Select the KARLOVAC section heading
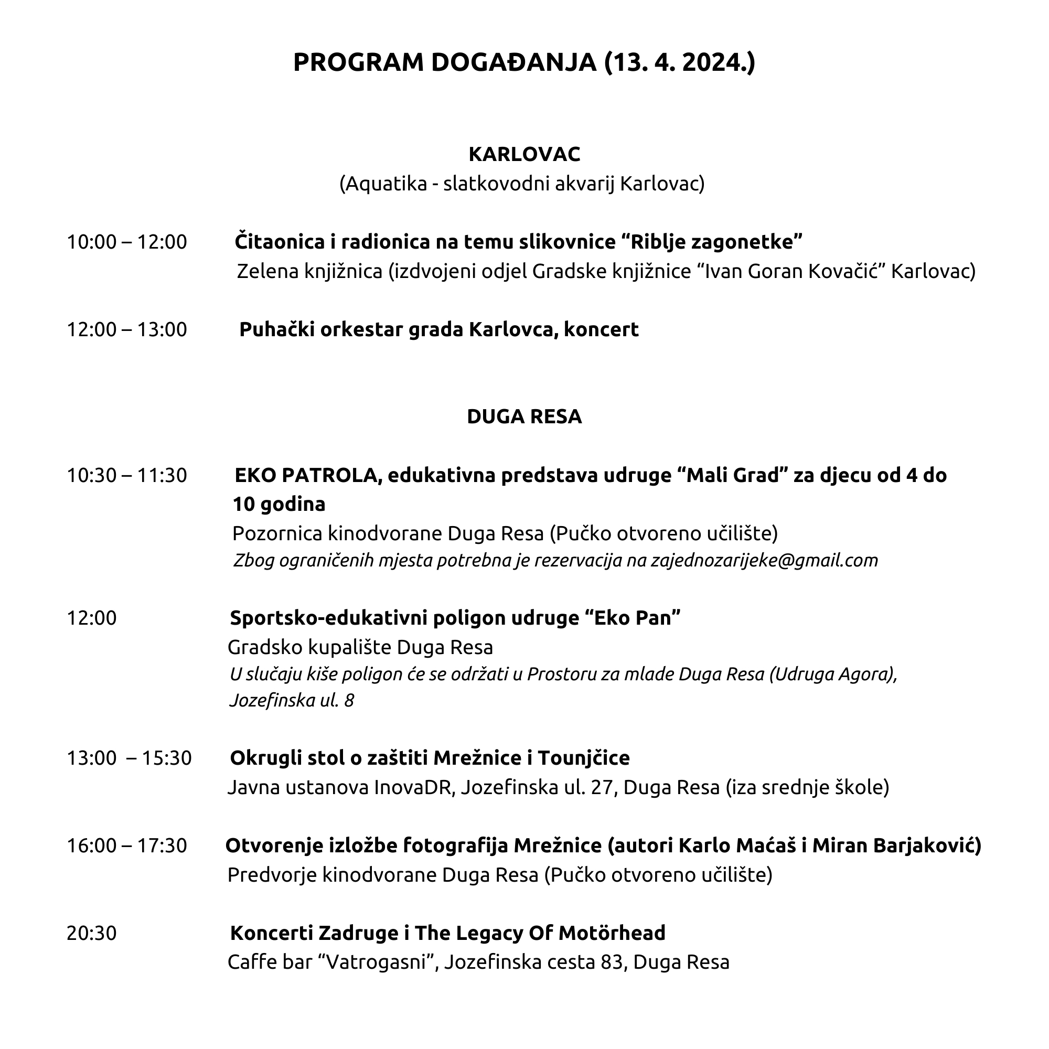click(524, 154)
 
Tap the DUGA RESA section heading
click(524, 416)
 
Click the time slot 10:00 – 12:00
click(126, 242)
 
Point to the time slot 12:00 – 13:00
click(126, 329)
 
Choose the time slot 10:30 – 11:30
click(126, 476)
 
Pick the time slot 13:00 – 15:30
click(129, 758)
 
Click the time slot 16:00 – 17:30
click(126, 845)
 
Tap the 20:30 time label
click(91, 933)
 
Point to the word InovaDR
click(413, 787)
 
